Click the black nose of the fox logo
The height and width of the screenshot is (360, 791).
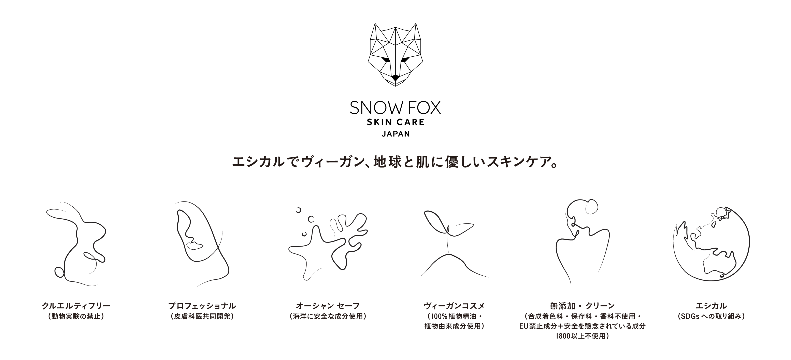395,78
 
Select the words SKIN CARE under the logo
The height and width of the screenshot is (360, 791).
395,122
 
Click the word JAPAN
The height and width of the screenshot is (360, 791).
395,134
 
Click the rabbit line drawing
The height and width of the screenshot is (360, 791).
77,243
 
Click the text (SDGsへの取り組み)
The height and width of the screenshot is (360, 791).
711,316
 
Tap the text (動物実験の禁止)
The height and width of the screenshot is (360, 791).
76,316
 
